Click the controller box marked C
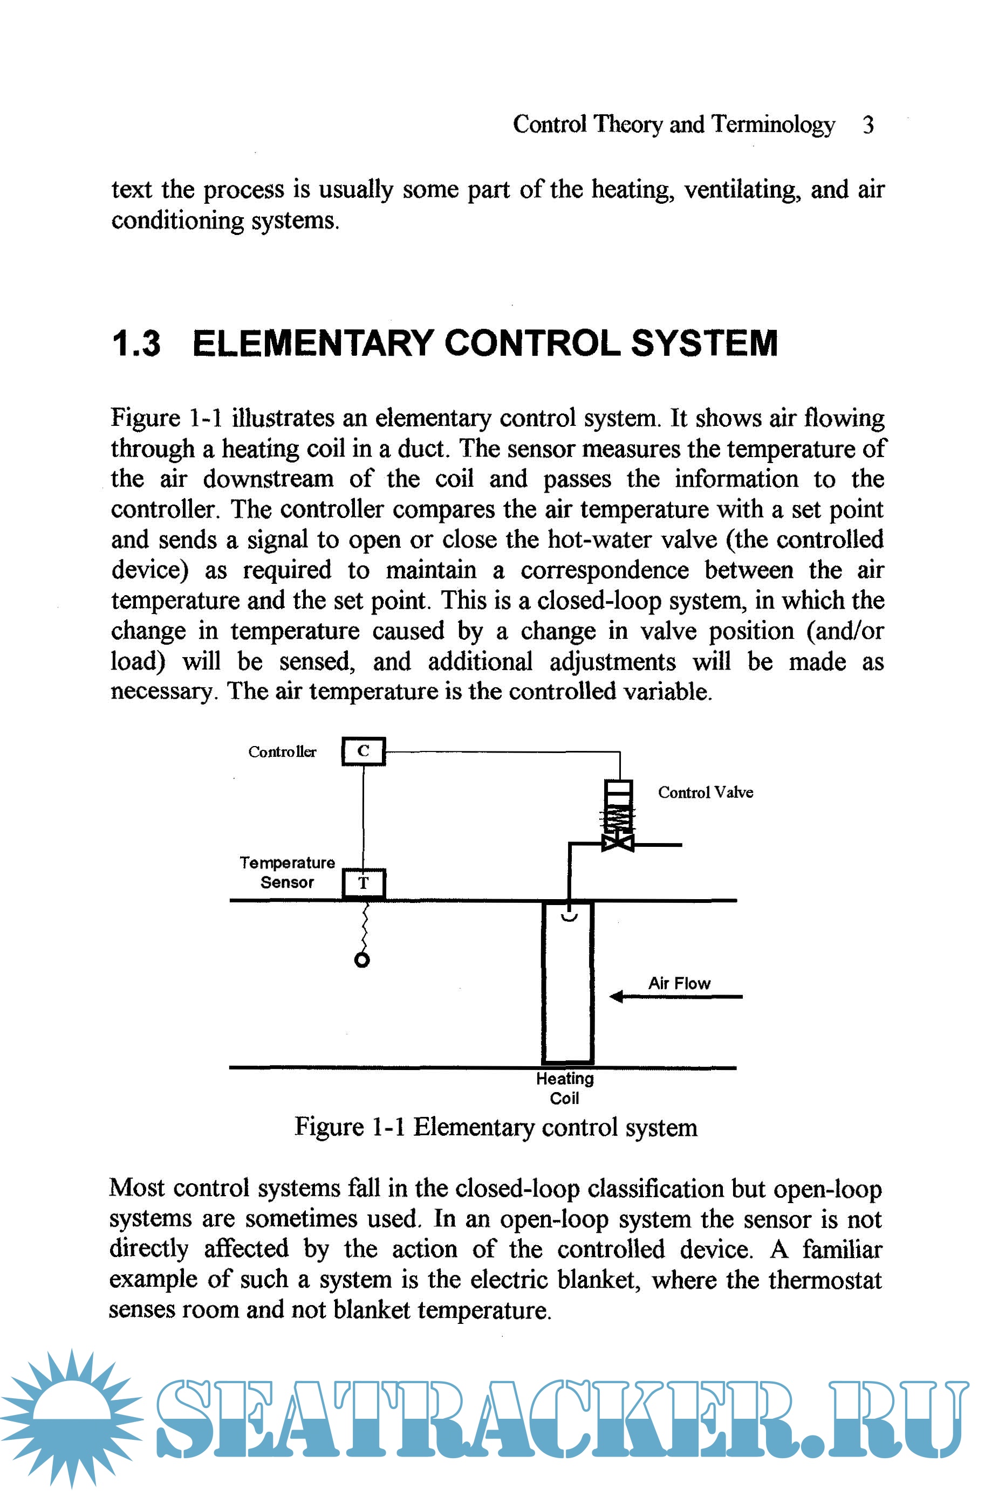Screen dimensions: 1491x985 click(363, 751)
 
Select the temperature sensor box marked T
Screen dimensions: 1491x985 click(363, 883)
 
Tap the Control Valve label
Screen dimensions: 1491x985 click(705, 792)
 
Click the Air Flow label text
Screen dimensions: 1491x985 click(679, 983)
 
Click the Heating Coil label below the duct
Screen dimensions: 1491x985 click(565, 1088)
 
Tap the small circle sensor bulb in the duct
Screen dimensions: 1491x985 click(362, 960)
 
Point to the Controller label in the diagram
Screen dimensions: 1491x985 click(282, 751)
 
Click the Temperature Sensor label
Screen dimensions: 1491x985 click(287, 872)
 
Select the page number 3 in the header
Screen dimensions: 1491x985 click(867, 125)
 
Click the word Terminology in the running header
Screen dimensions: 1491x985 click(772, 125)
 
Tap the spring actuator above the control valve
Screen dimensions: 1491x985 click(618, 816)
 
